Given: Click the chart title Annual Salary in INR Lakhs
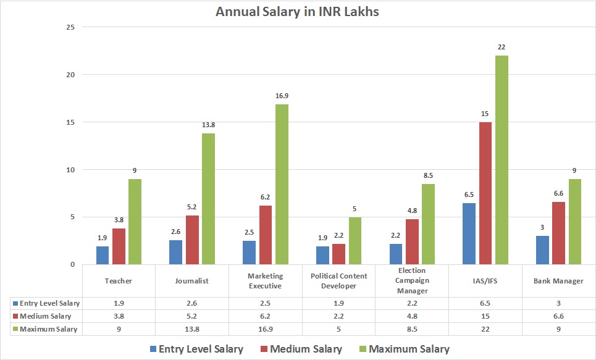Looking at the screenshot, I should coord(297,12).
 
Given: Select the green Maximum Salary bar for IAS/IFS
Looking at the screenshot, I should coord(501,160).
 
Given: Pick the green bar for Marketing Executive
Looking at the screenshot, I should coord(282,184).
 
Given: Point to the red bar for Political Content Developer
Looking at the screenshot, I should coord(339,254).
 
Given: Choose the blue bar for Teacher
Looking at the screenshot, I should coord(103,255).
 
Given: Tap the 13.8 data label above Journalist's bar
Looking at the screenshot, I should coord(208,125).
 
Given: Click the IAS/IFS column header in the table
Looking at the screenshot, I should coord(486,281).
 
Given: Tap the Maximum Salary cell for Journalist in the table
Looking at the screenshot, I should coord(192,329).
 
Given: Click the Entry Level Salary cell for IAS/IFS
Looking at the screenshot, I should coord(486,303).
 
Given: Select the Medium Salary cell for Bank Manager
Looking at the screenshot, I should coord(559,316).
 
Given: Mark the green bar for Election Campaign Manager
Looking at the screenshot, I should coord(428,224).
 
